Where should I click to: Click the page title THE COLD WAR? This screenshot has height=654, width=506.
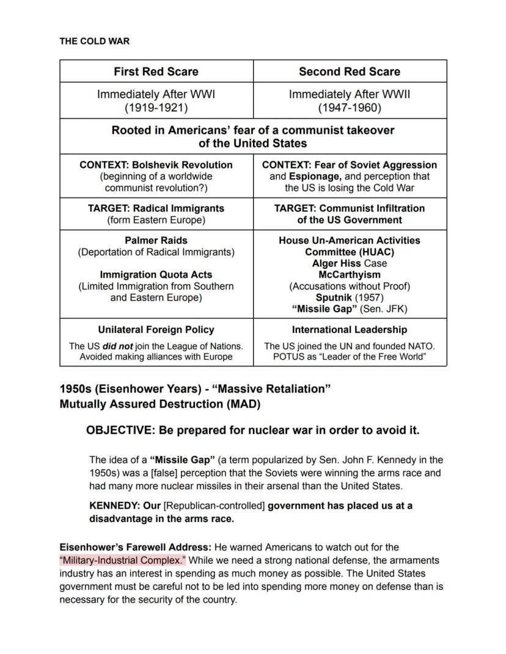tap(94, 42)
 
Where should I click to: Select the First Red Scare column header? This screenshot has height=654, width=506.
tap(156, 71)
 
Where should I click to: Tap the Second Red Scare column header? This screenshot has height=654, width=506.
tap(350, 71)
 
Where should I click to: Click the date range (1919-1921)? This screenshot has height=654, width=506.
tap(156, 108)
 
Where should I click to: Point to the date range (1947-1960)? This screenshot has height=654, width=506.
tap(350, 108)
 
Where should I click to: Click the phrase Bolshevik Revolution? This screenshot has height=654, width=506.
tap(182, 165)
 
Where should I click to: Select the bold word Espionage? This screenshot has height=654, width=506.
tap(311, 176)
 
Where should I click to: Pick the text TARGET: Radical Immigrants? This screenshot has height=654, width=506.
tap(156, 208)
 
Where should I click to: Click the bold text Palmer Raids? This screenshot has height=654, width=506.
tap(156, 241)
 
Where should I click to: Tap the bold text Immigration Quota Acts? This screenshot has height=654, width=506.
tap(156, 275)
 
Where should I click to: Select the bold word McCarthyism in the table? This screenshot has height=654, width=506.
tap(350, 275)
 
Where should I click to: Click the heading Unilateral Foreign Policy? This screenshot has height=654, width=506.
tap(156, 330)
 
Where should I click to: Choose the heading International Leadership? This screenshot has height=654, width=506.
tap(350, 330)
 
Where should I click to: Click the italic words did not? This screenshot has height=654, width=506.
tap(117, 346)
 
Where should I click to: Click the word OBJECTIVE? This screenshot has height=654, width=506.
tap(120, 431)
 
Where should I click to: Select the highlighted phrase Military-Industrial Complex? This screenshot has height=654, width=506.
tap(122, 561)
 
